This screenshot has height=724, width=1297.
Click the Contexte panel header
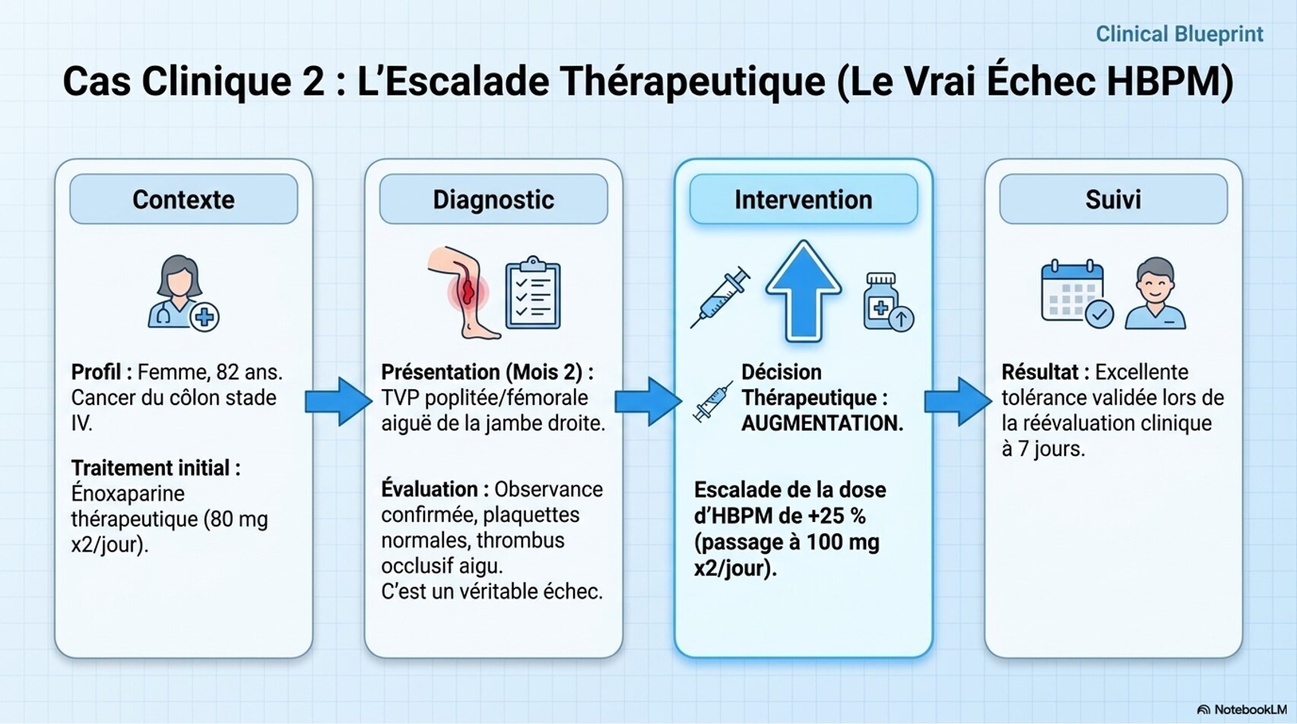tap(183, 199)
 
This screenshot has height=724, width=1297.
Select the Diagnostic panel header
tap(493, 199)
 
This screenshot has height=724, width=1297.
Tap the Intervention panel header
tap(803, 199)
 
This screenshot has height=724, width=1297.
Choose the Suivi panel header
tap(1113, 199)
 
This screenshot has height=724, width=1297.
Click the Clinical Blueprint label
tap(1178, 34)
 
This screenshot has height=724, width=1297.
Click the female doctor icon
tap(181, 292)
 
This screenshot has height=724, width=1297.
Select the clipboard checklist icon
tap(533, 294)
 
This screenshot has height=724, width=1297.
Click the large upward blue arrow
tap(803, 291)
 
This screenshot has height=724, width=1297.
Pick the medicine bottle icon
tap(886, 302)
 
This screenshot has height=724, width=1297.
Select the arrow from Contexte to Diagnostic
tap(338, 400)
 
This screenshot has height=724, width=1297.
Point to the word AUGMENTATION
tap(822, 423)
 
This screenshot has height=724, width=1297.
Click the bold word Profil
tap(96, 372)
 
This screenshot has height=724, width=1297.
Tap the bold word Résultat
tap(1039, 372)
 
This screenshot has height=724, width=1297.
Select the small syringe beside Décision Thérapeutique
tap(712, 402)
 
